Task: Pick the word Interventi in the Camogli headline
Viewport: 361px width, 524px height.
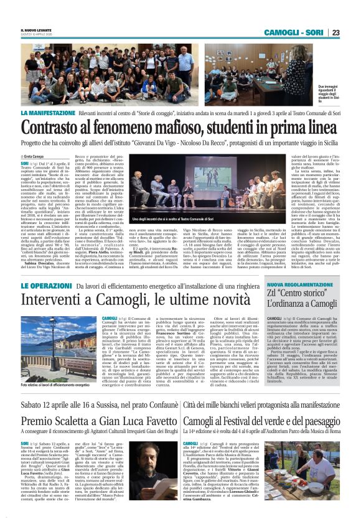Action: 54,301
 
